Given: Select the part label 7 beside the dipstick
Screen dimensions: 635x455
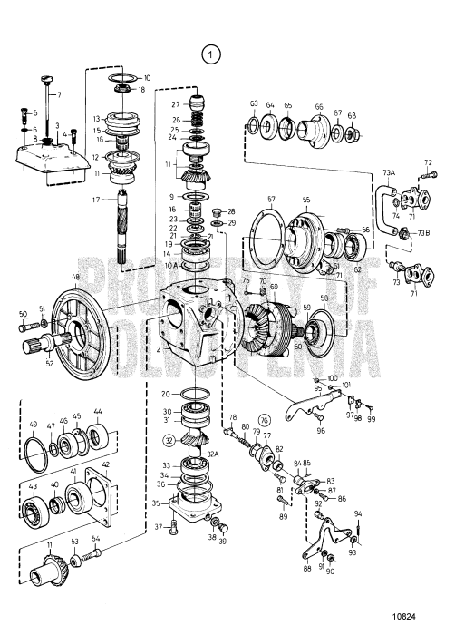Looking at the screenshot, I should [x=59, y=95].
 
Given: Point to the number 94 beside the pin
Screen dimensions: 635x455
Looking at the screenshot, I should [x=357, y=513].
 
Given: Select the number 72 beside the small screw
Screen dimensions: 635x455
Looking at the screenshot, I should [x=430, y=163].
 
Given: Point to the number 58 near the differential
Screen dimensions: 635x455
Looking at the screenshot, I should [x=324, y=298].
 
